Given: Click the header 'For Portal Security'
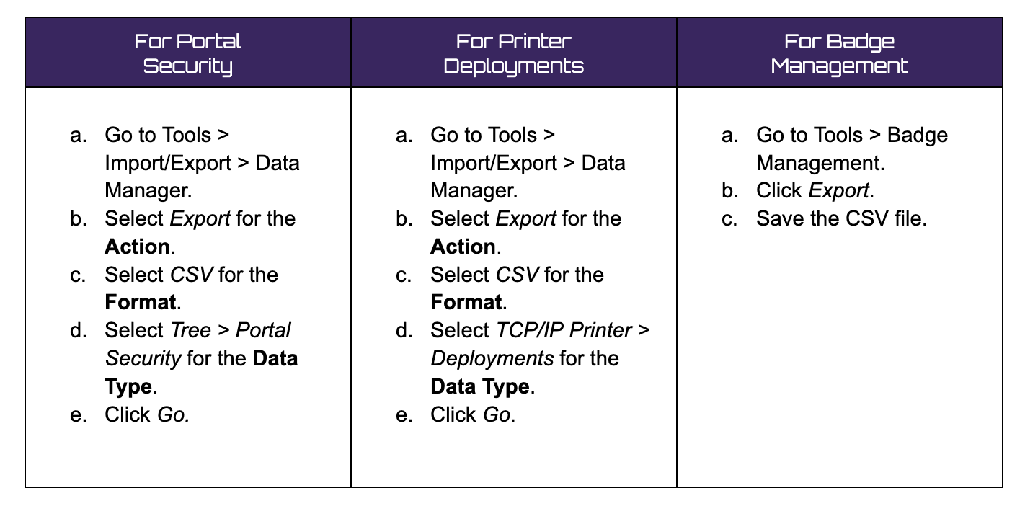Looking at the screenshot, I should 187,53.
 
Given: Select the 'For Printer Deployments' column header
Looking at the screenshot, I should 513,53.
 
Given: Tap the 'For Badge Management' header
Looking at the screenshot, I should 839,53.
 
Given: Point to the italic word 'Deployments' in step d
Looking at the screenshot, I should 492,358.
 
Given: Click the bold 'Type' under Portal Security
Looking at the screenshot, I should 128,386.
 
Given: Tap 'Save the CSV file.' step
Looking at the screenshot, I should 840,218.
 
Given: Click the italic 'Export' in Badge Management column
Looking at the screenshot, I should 839,191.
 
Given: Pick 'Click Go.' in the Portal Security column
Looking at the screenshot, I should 147,414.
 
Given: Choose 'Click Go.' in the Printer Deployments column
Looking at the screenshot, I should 473,414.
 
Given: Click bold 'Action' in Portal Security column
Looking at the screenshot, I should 137,247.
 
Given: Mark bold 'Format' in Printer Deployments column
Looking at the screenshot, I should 466,303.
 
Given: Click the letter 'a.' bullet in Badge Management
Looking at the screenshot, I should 730,136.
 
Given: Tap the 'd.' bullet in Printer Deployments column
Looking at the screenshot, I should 404,330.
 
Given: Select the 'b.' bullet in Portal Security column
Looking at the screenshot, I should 79,218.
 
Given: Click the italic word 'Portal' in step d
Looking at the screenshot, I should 263,330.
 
